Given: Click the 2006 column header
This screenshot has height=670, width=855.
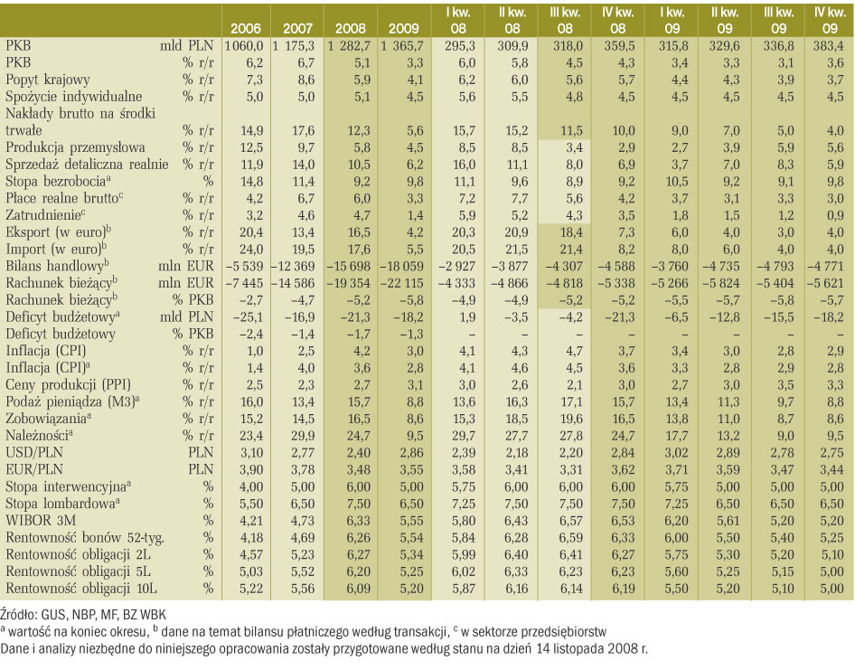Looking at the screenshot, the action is pos(245,28).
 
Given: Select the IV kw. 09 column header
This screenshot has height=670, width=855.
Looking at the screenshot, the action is pos(830,20).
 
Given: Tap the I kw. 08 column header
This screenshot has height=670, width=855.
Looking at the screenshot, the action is pos(458,20).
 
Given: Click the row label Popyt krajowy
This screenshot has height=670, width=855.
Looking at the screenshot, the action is pos(47,80).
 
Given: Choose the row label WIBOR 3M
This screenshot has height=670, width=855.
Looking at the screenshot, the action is pos(33,521).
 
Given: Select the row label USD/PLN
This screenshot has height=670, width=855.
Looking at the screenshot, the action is pos(33,453).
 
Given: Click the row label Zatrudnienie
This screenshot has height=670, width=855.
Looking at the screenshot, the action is pos(45,215).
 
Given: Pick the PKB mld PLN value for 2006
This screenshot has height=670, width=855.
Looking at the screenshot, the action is pos(244,46).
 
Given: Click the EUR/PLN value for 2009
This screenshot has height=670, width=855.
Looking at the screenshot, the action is pos(403,470).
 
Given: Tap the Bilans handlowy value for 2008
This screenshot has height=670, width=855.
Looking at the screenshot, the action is pos(349,266).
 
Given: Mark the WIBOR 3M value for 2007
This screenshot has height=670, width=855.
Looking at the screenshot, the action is pos(303,521).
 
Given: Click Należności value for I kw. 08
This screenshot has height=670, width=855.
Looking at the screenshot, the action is pos(464,436).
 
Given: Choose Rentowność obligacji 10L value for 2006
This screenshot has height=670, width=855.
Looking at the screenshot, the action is pos(251,589).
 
